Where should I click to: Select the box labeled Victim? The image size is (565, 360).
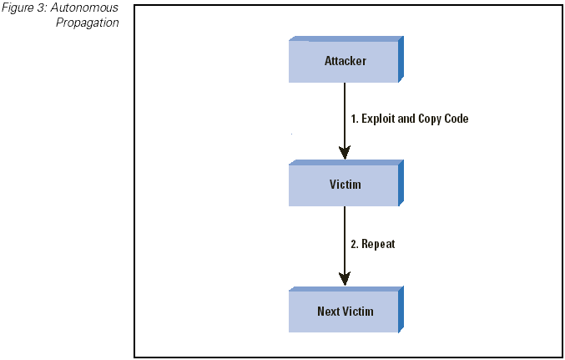pos(346,183)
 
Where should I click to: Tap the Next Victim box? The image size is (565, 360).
pos(346,310)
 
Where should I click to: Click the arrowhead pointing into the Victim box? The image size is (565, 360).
pos(345,153)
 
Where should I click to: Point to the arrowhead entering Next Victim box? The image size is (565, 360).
pos(345,279)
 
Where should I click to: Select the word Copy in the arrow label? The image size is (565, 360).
pos(430,119)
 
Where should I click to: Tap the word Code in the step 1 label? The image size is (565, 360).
pos(457,119)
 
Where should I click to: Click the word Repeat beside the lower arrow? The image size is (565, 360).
pos(378,244)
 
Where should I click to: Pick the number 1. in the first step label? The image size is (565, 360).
pos(355,119)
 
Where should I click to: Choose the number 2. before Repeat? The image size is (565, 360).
pos(355,244)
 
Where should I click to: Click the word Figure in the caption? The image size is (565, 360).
pos(18,8)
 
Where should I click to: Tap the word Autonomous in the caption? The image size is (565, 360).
pos(84,8)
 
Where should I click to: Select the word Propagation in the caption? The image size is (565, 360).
pos(87,23)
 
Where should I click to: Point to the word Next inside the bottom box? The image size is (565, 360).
pos(328,311)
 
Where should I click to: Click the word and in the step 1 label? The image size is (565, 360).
pos(406,119)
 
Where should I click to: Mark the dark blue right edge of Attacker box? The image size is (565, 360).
pos(401,59)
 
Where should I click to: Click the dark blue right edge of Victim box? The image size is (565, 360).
pos(401,183)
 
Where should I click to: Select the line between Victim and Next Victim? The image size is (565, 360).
pos(345,246)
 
